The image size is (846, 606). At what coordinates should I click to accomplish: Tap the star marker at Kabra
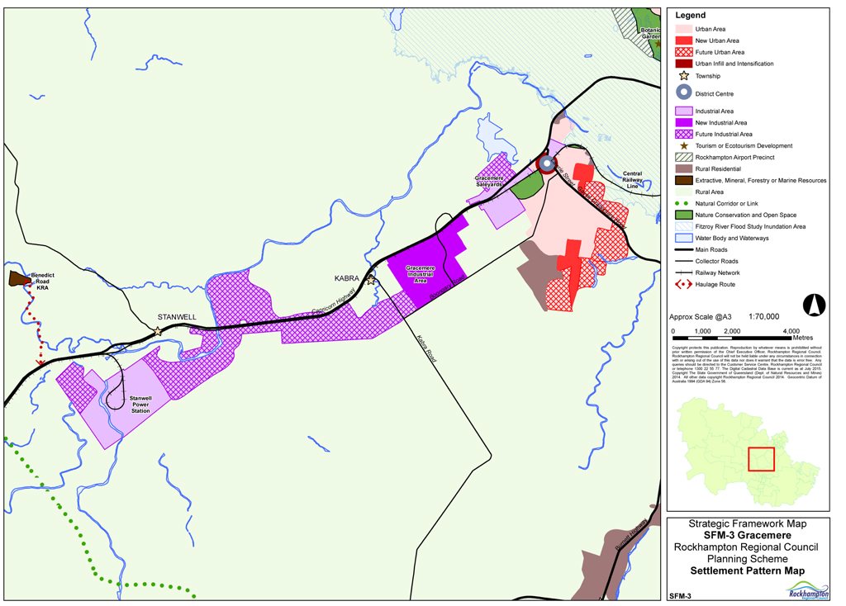(x=371, y=281)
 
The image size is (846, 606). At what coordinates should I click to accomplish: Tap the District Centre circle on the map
(x=546, y=163)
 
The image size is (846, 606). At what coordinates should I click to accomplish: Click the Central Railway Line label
(x=632, y=179)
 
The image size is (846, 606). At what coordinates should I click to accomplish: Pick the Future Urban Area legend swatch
(x=682, y=52)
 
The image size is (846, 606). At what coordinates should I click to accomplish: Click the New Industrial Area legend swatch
(x=682, y=122)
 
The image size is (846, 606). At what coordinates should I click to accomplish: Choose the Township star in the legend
(x=682, y=76)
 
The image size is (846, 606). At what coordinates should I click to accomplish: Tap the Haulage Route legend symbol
(x=682, y=285)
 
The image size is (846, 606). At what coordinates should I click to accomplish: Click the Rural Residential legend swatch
(x=682, y=168)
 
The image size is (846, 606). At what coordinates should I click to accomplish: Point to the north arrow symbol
(x=814, y=305)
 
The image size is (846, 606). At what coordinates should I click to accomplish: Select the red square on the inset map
(x=761, y=459)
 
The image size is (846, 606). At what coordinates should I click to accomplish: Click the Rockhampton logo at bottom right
(x=806, y=589)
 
